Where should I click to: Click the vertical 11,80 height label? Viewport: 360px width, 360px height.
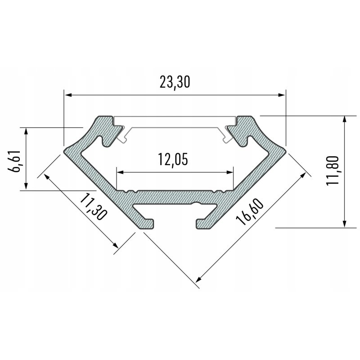pos(334,171)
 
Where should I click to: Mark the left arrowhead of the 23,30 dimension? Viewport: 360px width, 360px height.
pos(67,94)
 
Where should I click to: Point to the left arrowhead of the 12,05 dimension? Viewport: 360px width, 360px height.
pos(120,172)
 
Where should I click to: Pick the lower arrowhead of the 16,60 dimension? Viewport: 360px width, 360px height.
pos(198,281)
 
